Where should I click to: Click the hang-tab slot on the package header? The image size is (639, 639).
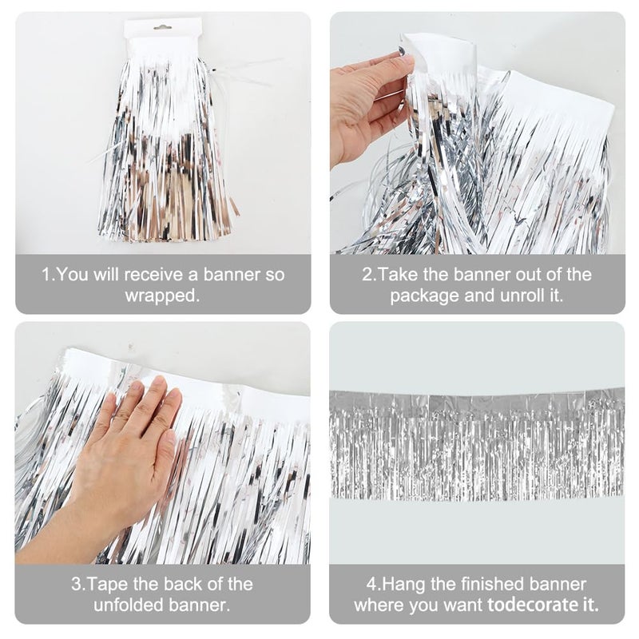click(162, 27)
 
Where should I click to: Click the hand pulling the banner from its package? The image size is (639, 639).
click(367, 104)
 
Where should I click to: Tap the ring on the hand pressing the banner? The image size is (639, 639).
click(117, 416)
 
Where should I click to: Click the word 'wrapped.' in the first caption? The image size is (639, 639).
click(163, 296)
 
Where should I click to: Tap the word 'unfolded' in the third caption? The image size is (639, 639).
click(129, 605)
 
